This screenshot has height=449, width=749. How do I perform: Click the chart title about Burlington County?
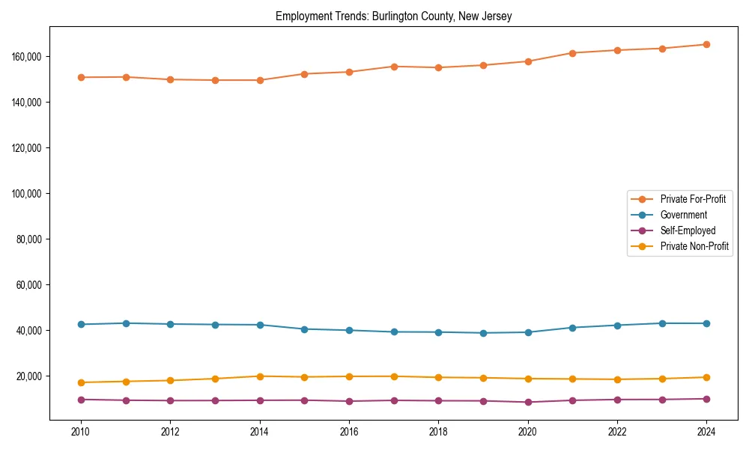[x=393, y=16]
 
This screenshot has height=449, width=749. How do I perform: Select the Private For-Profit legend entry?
[x=693, y=199]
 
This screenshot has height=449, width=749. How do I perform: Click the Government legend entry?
[x=683, y=215]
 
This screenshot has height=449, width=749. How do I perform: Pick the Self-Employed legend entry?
[x=688, y=230]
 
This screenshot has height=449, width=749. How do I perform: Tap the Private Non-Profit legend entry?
[x=694, y=246]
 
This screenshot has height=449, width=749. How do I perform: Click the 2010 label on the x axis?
[x=81, y=432]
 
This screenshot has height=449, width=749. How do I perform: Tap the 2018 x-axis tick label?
[x=438, y=432]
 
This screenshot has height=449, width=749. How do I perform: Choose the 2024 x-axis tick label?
[x=706, y=432]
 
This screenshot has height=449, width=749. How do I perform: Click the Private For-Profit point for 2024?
[x=706, y=44]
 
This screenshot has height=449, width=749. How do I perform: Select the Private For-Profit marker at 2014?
[x=260, y=80]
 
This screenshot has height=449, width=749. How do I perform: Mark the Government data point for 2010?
[x=81, y=324]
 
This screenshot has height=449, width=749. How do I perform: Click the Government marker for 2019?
[x=483, y=333]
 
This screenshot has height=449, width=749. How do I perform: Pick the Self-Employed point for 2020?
[x=528, y=402]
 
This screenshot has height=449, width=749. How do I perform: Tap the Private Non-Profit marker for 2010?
[x=81, y=382]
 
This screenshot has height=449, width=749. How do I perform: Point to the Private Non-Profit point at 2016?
[x=349, y=376]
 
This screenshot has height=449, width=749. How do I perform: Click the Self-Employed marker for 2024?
[x=706, y=399]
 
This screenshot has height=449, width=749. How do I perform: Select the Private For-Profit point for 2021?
[x=572, y=53]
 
